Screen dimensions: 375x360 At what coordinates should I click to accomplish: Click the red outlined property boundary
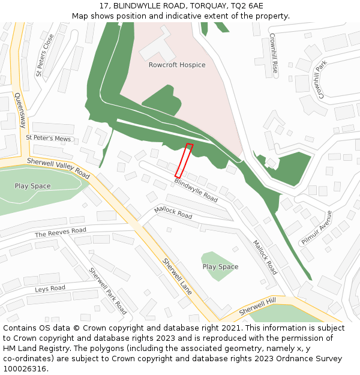(184, 160)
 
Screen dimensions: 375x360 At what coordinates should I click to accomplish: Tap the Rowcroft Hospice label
(177, 65)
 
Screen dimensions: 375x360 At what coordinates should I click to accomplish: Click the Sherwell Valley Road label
(58, 169)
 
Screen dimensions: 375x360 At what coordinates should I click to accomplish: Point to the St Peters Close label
(45, 55)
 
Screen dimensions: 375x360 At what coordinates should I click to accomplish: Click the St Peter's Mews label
(48, 138)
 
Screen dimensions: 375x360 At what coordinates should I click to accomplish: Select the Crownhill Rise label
(274, 53)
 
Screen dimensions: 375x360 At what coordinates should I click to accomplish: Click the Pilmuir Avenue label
(317, 227)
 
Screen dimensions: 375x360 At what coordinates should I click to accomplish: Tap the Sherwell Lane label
(178, 276)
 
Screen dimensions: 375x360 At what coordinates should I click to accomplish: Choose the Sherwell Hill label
(257, 307)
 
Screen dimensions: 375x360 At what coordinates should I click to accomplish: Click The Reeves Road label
(61, 232)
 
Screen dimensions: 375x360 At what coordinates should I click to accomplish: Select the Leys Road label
(50, 289)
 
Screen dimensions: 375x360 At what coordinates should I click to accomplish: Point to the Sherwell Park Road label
(108, 291)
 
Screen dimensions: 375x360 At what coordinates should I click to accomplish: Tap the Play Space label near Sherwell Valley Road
(33, 186)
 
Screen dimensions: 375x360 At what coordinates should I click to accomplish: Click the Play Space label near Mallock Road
(220, 267)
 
